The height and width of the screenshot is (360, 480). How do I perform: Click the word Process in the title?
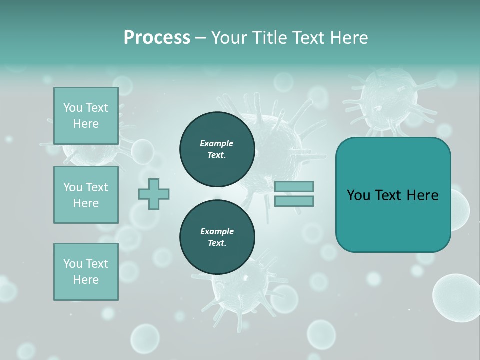[x=157, y=38]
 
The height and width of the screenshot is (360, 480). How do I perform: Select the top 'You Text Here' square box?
[x=86, y=116]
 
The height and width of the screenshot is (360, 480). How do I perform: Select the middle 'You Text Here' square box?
[x=86, y=195]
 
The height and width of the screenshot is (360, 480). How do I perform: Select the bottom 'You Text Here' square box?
[x=86, y=272]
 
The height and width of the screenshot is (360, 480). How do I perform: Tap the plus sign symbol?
[x=154, y=194]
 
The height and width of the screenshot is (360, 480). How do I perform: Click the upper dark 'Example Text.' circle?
[x=217, y=149]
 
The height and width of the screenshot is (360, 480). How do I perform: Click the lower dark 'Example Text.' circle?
[x=217, y=237]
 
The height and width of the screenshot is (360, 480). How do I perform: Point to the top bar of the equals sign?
[x=294, y=187]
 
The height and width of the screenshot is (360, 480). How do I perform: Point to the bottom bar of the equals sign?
[x=294, y=201]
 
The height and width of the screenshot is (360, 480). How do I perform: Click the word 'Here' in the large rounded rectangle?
[x=422, y=195]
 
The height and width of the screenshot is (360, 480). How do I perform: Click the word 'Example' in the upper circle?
[x=217, y=143]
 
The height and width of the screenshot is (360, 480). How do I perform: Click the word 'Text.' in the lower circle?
[x=217, y=243]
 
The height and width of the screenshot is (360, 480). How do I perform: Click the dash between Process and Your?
[x=201, y=38]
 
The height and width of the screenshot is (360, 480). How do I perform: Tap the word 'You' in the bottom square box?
[x=73, y=264]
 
